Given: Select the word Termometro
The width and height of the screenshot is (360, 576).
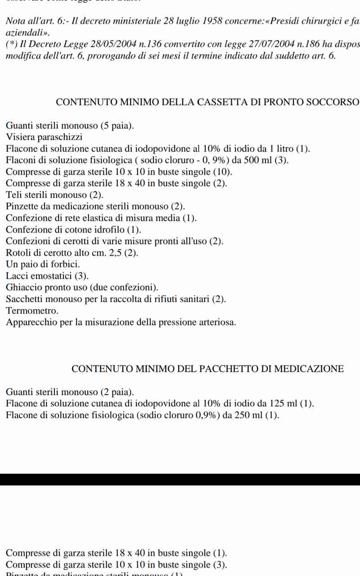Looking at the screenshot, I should point(32,310).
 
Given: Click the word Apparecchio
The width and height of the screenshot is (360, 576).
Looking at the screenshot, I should point(31,322).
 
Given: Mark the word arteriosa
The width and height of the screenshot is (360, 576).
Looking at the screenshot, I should point(216,322).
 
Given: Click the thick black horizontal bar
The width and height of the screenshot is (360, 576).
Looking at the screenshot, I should point(180,479).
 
